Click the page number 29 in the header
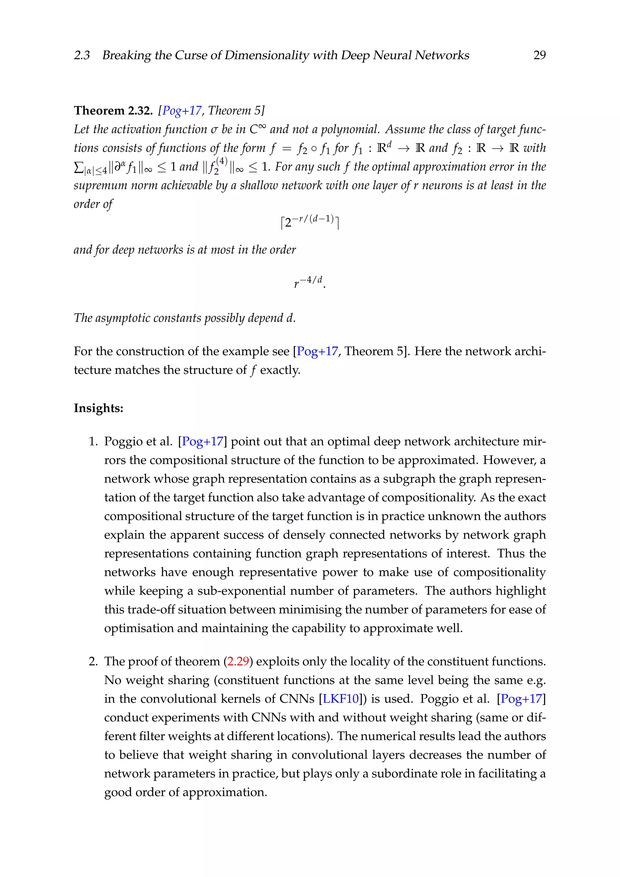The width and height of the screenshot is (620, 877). coord(539,55)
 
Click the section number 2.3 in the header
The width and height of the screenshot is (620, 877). coord(82,55)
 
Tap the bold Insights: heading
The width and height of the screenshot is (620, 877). coord(98,408)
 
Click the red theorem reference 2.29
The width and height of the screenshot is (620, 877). coord(238,661)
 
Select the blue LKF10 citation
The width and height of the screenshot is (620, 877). coord(341,699)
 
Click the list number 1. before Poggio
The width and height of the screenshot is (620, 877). coord(94,442)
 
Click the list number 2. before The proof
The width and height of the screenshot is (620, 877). coord(94,661)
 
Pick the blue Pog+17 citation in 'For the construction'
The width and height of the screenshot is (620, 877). coord(317,351)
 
